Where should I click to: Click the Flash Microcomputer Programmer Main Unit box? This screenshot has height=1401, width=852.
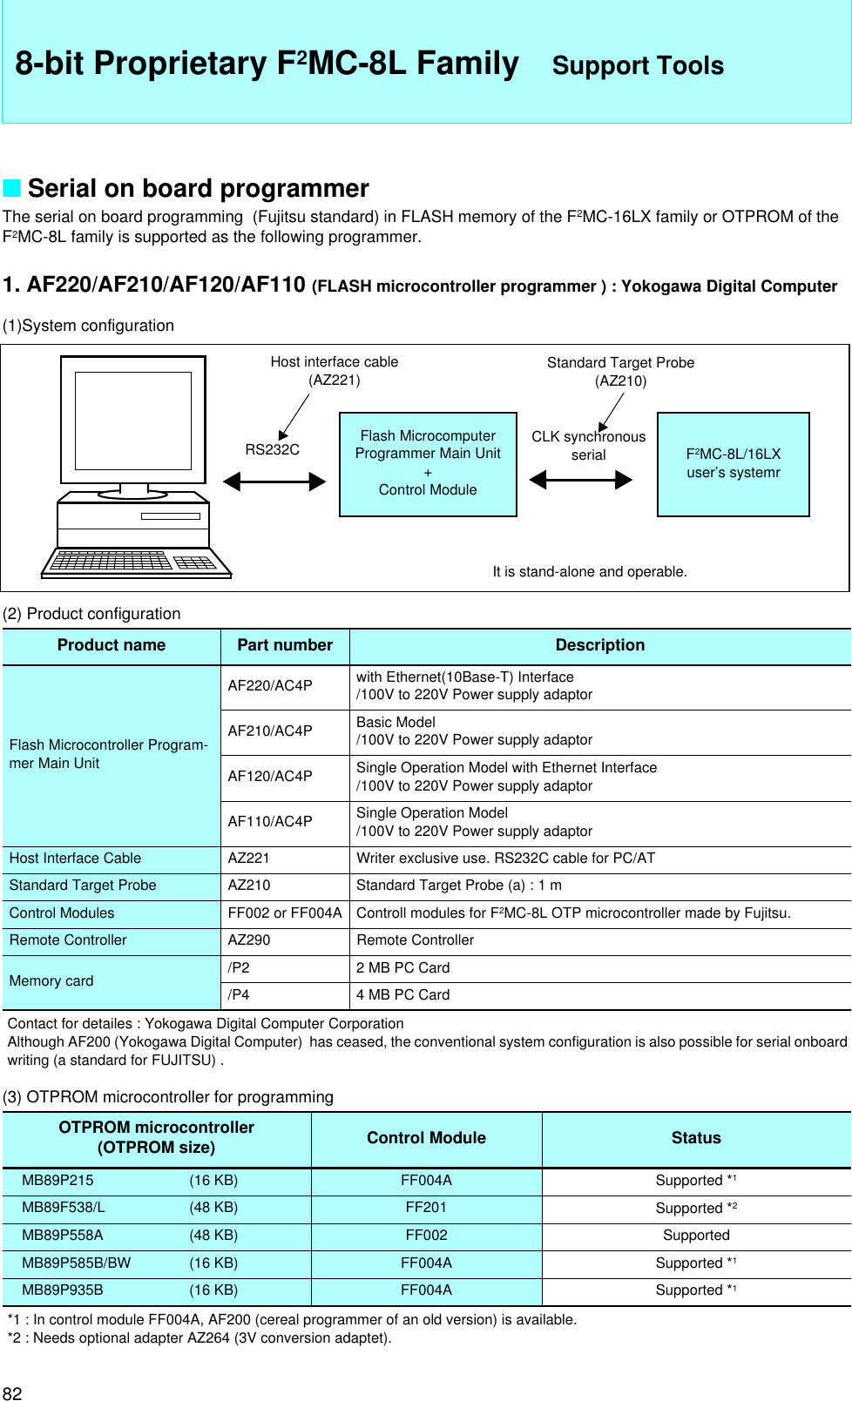[428, 464]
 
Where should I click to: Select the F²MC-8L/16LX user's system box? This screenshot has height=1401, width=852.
[733, 464]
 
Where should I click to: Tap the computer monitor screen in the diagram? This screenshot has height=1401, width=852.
[132, 420]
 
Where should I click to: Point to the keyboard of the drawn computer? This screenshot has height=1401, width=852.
[136, 562]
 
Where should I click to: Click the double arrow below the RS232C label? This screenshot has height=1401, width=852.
[274, 481]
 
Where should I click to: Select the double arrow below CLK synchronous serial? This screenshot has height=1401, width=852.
[581, 480]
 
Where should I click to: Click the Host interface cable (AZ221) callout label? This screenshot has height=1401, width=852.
[334, 370]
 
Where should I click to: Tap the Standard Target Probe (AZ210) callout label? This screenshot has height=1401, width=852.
[620, 371]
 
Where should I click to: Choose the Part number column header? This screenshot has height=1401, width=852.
[285, 645]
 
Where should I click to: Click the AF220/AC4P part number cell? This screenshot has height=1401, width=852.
[270, 685]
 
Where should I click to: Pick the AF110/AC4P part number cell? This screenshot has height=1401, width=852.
[270, 821]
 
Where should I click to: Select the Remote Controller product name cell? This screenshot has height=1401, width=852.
[68, 940]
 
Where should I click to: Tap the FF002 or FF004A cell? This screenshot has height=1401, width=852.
[285, 913]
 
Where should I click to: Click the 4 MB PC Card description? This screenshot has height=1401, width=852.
[402, 994]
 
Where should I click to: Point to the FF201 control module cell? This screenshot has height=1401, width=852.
[426, 1207]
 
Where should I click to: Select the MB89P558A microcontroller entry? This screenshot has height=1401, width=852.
[63, 1235]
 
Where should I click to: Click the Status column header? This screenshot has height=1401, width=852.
[696, 1138]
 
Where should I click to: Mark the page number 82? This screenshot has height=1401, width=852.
[12, 1392]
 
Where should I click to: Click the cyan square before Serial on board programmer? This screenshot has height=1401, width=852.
[11, 188]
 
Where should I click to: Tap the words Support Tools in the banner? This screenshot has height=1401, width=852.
[638, 65]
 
